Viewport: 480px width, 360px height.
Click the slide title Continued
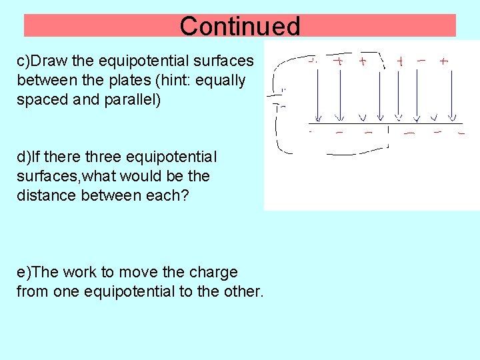click(x=240, y=26)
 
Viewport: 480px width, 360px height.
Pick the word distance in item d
click(x=43, y=195)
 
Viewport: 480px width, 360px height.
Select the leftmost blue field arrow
click(x=317, y=93)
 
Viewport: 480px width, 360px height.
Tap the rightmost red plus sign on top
click(x=444, y=61)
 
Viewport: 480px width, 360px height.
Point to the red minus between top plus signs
click(x=421, y=60)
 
